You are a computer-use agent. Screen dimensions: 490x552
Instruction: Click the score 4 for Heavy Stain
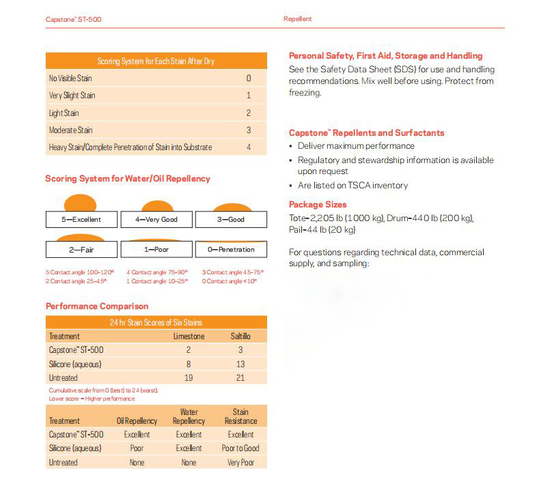[x=249, y=147]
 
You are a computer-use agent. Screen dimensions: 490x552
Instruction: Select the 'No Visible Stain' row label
[x=70, y=78]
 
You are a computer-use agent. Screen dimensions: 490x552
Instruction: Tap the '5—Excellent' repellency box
[x=81, y=220]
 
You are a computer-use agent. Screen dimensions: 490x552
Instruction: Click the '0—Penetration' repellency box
[x=231, y=250]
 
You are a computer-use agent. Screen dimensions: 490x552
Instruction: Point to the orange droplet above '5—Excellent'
[x=81, y=203]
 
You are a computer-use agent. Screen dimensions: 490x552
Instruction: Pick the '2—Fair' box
[x=81, y=250]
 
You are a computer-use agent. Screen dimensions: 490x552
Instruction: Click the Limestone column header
[x=189, y=336]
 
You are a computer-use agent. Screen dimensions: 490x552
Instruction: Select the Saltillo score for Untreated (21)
[x=240, y=377]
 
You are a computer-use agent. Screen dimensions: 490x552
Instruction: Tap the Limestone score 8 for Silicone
[x=189, y=364]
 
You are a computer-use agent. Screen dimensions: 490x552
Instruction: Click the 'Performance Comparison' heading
[x=97, y=306]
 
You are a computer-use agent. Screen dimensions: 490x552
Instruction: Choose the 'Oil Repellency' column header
[x=137, y=421]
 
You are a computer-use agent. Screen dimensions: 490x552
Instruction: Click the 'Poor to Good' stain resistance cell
[x=240, y=448]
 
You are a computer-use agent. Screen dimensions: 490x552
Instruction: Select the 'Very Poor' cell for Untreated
[x=240, y=463]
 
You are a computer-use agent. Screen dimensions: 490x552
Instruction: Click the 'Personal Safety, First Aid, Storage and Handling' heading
[x=385, y=56]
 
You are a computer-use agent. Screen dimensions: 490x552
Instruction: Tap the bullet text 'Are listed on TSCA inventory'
[x=353, y=186]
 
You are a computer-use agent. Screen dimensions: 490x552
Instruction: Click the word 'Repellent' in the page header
[x=297, y=19]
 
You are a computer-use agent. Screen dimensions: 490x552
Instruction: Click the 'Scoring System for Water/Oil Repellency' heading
[x=128, y=179]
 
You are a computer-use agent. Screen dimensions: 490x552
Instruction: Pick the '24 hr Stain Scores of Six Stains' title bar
[x=156, y=322]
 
